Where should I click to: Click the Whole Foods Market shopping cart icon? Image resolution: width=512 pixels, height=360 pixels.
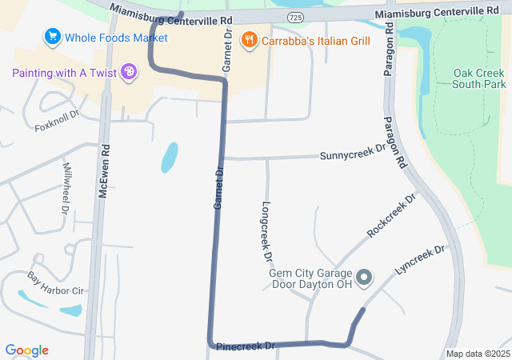[x=53, y=37]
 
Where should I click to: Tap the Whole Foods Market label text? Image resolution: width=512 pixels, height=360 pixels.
[x=116, y=38]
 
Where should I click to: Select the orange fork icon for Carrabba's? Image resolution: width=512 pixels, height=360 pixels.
[x=249, y=39]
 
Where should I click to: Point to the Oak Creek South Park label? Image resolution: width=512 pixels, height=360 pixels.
[x=479, y=78]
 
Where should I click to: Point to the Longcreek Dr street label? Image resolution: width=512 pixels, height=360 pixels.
[x=266, y=233]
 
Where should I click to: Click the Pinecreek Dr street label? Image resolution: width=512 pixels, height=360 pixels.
[x=246, y=346]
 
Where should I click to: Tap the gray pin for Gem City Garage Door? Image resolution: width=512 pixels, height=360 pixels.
[x=364, y=278]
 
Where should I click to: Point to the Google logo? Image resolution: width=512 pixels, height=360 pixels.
[x=26, y=350]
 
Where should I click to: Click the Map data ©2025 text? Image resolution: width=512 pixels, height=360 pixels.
[x=478, y=354]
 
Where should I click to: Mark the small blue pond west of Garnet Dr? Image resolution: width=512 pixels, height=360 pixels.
[x=169, y=158]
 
